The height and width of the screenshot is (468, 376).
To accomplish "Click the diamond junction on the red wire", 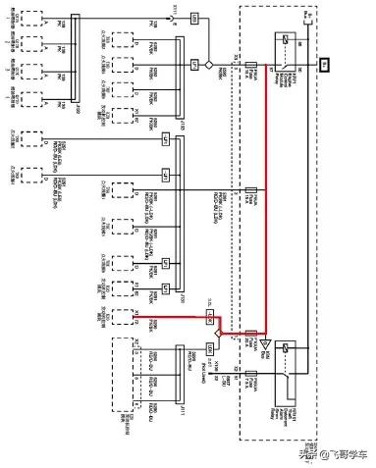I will (219, 333).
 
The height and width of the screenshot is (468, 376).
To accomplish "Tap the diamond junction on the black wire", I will (208, 64).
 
